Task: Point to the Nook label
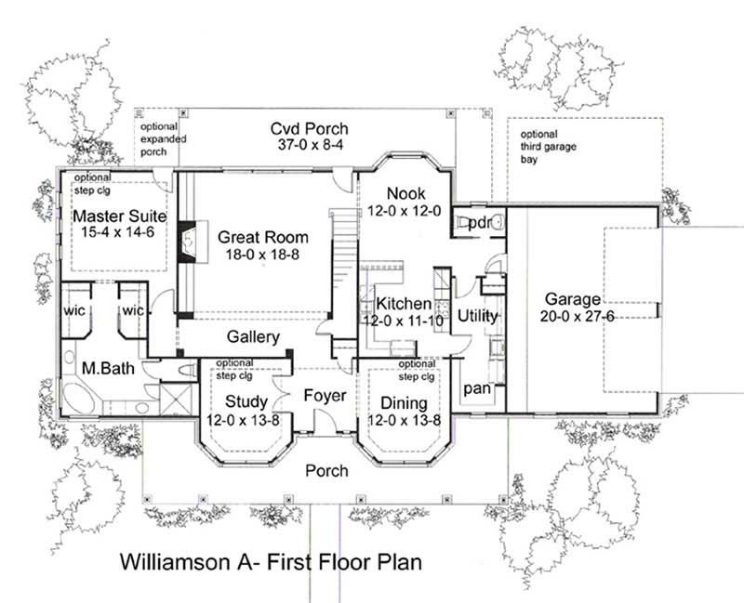[406, 194]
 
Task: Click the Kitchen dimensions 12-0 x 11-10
[403, 320]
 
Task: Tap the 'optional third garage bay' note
[542, 147]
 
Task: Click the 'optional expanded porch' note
[164, 138]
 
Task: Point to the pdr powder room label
[478, 224]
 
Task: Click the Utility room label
[478, 316]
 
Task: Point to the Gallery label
[253, 336]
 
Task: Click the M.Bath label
[108, 369]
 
